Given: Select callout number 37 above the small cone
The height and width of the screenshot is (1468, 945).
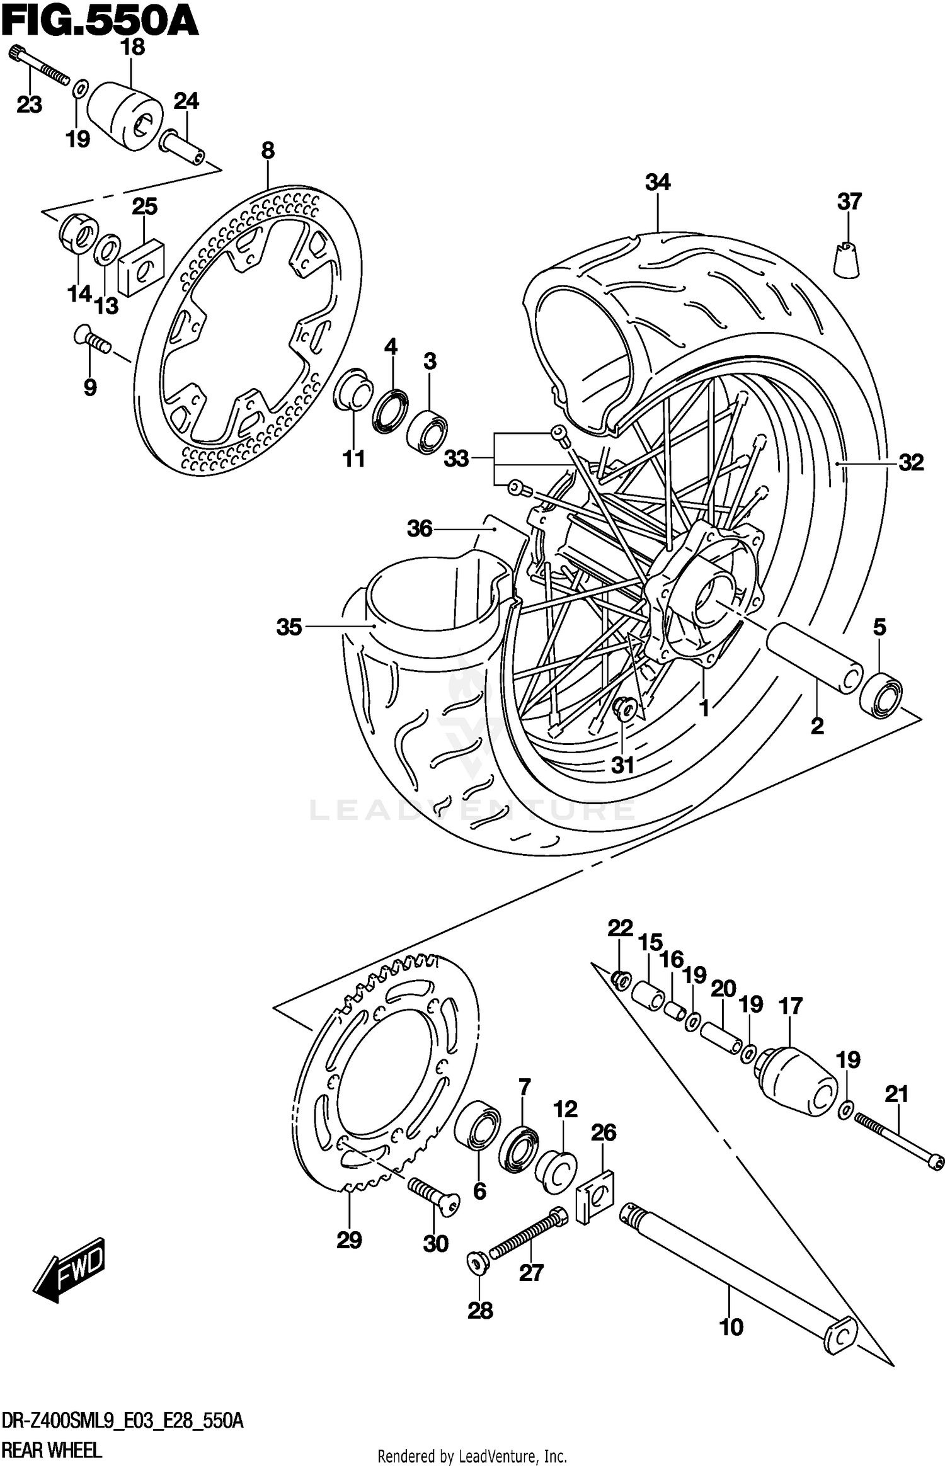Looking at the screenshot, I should point(849,202).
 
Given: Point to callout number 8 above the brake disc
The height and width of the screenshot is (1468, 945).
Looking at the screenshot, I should point(268,151).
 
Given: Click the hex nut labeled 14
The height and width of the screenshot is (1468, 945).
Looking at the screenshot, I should point(77,233).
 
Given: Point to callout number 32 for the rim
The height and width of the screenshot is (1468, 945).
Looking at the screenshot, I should point(911,463).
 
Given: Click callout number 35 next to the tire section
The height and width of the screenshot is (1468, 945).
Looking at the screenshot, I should point(289,627).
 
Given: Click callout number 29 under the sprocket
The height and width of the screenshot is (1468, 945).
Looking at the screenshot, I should point(349,1241).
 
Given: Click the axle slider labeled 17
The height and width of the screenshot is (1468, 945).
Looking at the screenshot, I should point(799,1081).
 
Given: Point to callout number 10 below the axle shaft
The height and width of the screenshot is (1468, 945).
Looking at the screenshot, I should point(731,1327).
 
